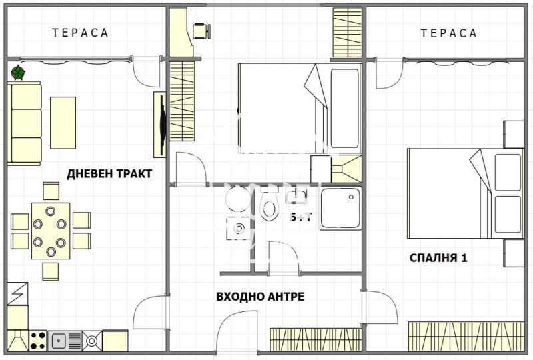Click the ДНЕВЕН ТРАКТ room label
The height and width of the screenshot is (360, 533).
pyautogui.click(x=109, y=174)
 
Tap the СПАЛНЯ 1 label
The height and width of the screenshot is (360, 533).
pyautogui.click(x=438, y=257)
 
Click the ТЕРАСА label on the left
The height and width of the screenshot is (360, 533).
pyautogui.click(x=80, y=33)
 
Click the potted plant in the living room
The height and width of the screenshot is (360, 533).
pyautogui.click(x=18, y=71)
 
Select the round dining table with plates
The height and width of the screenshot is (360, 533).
pyautogui.click(x=50, y=231)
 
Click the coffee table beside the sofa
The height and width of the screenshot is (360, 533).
pyautogui.click(x=63, y=123)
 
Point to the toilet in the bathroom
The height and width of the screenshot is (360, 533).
pyautogui.click(x=269, y=207)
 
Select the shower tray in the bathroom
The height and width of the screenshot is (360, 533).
pyautogui.click(x=340, y=209)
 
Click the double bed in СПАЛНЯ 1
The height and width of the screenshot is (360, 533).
pyautogui.click(x=465, y=193)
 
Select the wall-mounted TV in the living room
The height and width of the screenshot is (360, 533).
pyautogui.click(x=161, y=124)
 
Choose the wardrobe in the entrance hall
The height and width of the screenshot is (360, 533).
pyautogui.click(x=316, y=339)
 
